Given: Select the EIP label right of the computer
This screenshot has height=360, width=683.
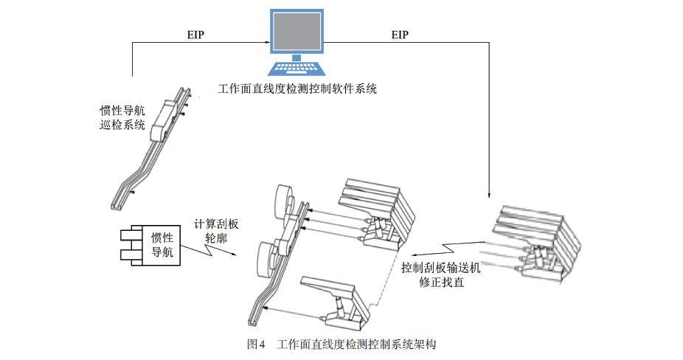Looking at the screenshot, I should pyautogui.click(x=400, y=35).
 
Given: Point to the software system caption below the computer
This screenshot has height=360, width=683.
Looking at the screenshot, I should pyautogui.click(x=297, y=89).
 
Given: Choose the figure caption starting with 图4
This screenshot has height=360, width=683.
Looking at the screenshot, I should pyautogui.click(x=342, y=344).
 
